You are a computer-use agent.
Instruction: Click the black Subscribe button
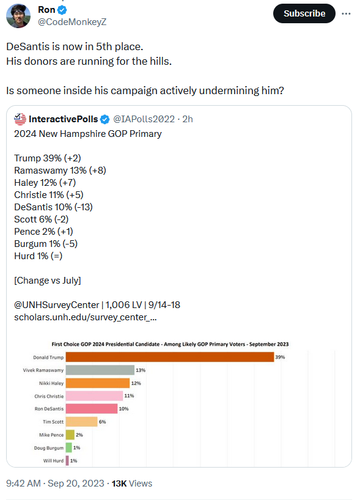click(x=304, y=13)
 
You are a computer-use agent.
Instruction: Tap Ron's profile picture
click(x=18, y=16)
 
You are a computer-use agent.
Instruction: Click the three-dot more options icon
click(x=346, y=13)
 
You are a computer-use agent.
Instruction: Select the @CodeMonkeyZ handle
click(x=72, y=22)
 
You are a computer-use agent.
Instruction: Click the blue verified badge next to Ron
click(x=62, y=10)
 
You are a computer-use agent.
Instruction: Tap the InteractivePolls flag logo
click(x=20, y=119)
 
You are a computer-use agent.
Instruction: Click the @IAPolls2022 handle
click(x=144, y=119)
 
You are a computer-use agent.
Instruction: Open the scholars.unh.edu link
click(x=85, y=317)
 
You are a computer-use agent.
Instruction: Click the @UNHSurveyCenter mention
click(x=56, y=305)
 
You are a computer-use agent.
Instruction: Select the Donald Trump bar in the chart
click(x=170, y=357)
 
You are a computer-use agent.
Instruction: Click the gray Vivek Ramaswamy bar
click(x=100, y=370)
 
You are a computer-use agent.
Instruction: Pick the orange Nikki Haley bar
click(x=98, y=383)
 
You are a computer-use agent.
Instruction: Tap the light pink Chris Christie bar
click(x=94, y=396)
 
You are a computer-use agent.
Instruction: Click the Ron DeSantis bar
click(x=92, y=409)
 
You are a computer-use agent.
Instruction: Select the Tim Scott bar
click(x=81, y=422)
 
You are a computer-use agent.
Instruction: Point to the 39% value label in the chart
click(x=280, y=357)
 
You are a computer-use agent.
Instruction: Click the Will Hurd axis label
click(x=53, y=461)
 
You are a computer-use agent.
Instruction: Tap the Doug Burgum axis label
click(x=49, y=448)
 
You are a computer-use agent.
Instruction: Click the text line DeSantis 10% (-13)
click(x=53, y=207)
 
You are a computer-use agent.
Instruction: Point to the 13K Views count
click(x=131, y=483)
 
